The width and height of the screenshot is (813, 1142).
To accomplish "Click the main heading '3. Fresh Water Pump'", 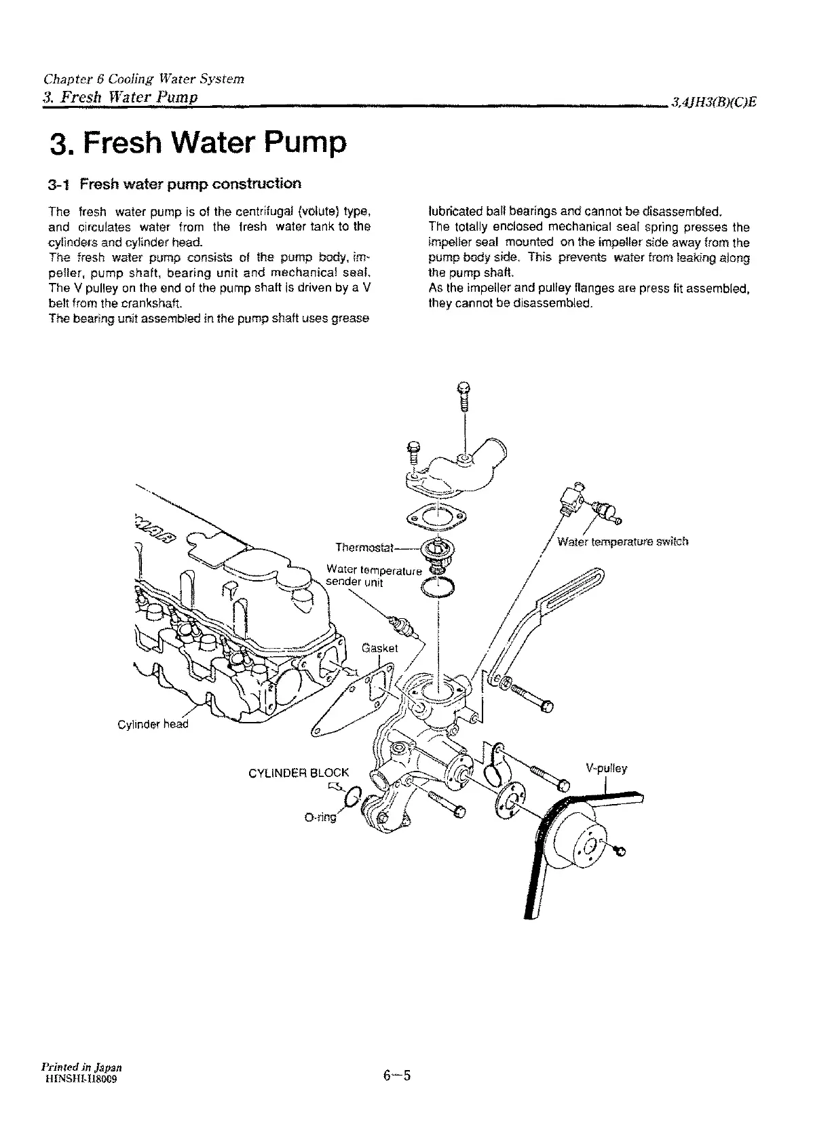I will coord(198,144).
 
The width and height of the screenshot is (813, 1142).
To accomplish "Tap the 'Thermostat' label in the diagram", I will coord(364,548).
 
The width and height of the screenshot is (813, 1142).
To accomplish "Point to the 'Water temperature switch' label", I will coord(622,541).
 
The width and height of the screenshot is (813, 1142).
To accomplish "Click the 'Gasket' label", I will coord(379,647).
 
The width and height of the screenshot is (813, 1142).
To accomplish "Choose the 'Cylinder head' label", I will coord(152,724).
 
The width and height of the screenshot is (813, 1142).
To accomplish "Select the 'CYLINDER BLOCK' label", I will coord(299,772).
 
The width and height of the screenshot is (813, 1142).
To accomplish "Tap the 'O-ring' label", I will coord(320,818).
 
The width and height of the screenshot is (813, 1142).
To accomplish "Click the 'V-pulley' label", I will coord(606,769).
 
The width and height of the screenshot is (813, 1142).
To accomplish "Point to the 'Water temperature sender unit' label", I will coord(373,575).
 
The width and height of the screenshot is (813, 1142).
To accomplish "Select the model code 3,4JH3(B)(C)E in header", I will coord(714,102).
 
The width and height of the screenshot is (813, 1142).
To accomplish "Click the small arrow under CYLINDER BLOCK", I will coord(335,786).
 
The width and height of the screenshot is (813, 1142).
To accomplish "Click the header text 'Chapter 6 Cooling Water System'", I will coord(143,79).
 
